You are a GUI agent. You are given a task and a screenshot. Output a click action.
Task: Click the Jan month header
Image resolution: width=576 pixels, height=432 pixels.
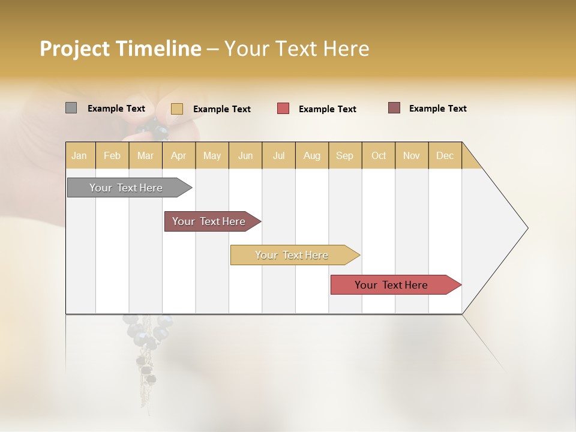(80, 155)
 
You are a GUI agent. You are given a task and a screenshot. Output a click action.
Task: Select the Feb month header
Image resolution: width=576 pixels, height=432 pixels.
(112, 155)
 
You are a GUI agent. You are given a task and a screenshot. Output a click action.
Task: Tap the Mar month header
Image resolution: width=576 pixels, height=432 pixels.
(145, 155)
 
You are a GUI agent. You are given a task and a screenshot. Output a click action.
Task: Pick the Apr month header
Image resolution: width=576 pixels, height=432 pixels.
(179, 155)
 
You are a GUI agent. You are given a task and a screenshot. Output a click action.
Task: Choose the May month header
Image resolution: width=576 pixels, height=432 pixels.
(212, 155)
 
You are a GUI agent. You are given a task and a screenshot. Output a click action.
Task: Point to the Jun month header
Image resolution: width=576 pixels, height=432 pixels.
(245, 155)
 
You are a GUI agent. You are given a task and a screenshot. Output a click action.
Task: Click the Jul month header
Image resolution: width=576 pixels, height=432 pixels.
(278, 155)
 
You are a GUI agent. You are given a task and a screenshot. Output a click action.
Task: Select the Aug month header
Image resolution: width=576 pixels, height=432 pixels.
(312, 155)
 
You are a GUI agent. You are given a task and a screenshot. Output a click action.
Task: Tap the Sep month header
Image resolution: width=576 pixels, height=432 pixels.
(345, 155)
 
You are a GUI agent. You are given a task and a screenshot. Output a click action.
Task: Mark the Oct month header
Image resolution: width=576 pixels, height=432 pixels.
(379, 155)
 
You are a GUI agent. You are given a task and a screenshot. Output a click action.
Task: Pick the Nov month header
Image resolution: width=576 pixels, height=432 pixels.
(412, 155)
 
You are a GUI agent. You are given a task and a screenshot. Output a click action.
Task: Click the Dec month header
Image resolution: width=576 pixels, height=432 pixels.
(445, 155)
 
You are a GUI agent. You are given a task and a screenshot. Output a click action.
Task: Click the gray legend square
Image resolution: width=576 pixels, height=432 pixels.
(71, 108)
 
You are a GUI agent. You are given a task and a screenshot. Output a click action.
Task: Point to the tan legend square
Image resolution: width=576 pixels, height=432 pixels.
(177, 109)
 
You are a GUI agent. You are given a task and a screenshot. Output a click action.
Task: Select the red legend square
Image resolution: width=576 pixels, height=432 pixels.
(283, 109)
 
